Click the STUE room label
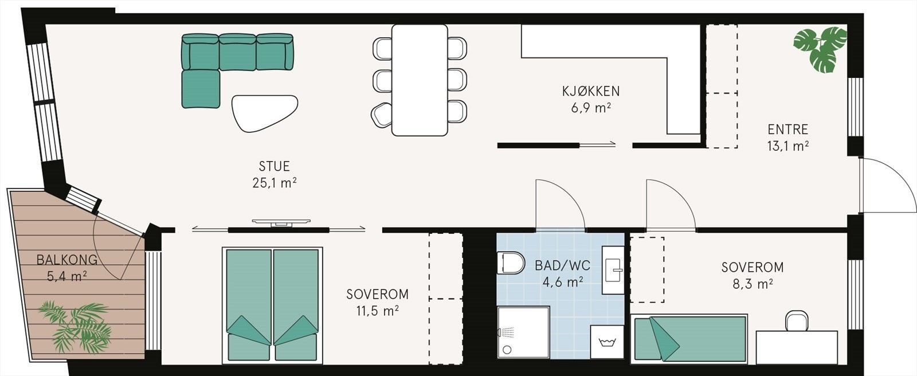274,166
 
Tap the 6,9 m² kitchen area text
590,107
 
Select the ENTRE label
787,129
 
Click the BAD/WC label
562,265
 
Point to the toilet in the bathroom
512,263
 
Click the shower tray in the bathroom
523,332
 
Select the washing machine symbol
607,343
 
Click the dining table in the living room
420,80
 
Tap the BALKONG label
66,260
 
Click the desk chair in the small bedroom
797,321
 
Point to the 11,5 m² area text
377,311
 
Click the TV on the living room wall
281,221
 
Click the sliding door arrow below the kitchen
597,145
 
